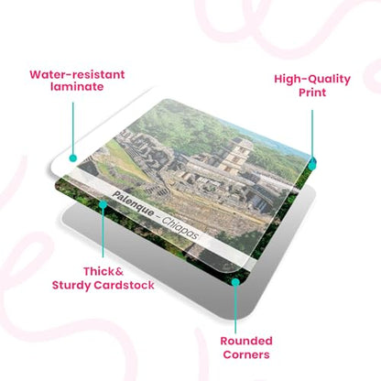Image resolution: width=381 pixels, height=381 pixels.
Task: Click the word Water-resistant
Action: tap(77, 74)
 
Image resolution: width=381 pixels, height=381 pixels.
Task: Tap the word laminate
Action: tap(77, 86)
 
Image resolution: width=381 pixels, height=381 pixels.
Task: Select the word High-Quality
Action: tap(312, 80)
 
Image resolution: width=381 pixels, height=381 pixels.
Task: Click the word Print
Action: tap(312, 93)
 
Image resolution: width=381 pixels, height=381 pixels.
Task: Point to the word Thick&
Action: tap(103, 271)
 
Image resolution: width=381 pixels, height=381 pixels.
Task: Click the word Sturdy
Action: tap(71, 286)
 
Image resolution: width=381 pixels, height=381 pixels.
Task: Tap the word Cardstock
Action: tap(124, 285)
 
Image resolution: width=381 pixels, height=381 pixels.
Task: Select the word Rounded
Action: tap(246, 341)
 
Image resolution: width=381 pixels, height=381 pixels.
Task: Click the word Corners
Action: tap(246, 354)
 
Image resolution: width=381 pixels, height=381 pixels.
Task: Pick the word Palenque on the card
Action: tap(134, 204)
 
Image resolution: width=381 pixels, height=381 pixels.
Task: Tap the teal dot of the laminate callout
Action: tap(72, 158)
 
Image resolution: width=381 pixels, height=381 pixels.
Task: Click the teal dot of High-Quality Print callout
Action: tap(312, 166)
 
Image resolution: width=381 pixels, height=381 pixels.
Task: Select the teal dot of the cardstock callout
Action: tap(103, 204)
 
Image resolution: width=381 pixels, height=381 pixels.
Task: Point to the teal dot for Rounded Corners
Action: tap(235, 282)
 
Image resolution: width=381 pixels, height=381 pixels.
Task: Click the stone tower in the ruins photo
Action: tap(235, 156)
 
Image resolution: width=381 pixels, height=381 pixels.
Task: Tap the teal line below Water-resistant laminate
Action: tap(73, 128)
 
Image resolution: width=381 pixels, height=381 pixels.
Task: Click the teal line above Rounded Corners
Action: tap(235, 310)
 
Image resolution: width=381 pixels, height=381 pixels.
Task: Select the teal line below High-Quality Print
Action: tap(312, 136)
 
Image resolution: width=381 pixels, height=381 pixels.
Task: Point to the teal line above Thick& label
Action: tap(103, 233)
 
